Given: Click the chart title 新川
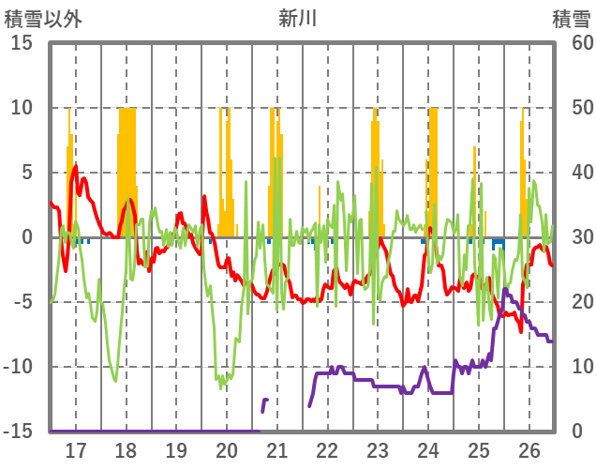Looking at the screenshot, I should [298, 18].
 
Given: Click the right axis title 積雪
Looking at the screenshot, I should [571, 18].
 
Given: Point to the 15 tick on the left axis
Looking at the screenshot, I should [22, 43].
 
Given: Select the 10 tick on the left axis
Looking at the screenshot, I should [22, 108].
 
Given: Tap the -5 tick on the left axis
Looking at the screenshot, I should [22, 302].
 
